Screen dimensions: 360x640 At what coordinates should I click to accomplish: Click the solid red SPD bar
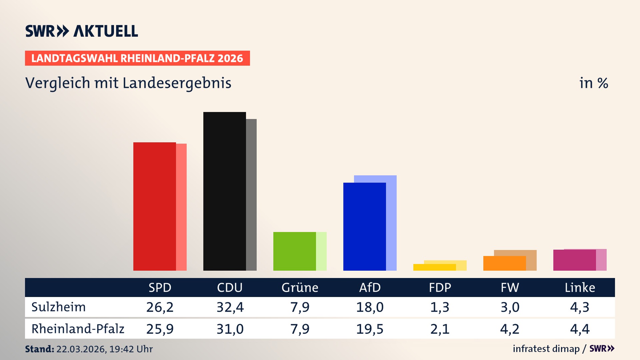point(154,207)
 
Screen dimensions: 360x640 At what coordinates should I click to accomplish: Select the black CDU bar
point(224,192)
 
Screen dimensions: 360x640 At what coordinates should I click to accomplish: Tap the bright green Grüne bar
point(294,251)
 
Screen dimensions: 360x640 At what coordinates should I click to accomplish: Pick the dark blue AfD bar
point(364,227)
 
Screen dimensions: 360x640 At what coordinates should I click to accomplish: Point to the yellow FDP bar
point(434,267)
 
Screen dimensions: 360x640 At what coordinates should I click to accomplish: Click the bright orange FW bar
point(504,263)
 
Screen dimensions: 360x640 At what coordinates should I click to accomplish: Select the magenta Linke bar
point(574,260)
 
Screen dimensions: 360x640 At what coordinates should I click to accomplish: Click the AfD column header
point(370,287)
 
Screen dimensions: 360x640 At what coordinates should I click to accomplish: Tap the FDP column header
point(440,287)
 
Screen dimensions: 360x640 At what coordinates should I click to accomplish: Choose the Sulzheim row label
point(59,307)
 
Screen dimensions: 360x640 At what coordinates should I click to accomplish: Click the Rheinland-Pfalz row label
point(78,329)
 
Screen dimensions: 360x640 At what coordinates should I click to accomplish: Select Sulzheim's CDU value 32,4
point(230,307)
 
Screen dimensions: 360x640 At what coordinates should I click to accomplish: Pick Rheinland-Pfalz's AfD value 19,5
point(370,329)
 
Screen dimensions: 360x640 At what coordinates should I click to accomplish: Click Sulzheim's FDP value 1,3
point(440,307)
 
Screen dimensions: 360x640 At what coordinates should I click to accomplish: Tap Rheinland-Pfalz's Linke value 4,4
point(580,329)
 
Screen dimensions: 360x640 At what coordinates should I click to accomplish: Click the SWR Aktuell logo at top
point(81,31)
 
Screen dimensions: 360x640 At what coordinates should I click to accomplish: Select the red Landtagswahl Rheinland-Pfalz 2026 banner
point(137,58)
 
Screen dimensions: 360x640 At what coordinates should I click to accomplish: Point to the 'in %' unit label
point(593,83)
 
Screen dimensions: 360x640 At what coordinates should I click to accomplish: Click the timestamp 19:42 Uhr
point(131,349)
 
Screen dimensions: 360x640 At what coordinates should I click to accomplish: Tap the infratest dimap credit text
point(546,349)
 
